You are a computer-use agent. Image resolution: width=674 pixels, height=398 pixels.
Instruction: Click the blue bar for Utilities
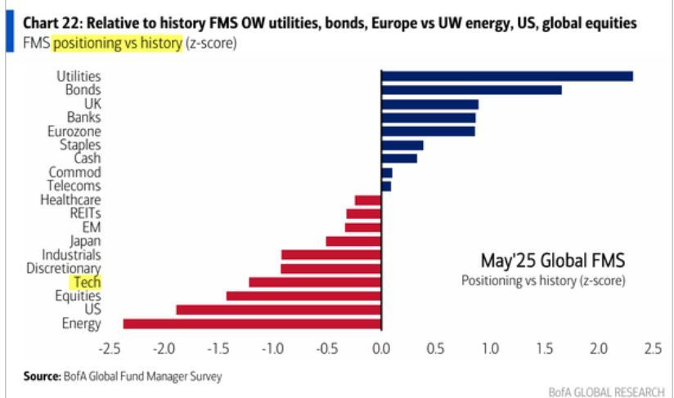point(507,76)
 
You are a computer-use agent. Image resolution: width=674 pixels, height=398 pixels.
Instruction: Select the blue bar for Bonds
point(471,90)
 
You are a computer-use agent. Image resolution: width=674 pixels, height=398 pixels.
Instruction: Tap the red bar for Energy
point(252,324)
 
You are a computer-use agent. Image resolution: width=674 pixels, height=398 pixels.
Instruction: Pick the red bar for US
point(278,310)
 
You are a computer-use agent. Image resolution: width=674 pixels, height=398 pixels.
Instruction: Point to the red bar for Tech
point(315,282)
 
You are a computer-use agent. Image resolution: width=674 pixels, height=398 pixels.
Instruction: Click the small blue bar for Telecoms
point(386,186)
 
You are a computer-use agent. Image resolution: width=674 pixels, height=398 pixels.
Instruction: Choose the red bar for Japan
point(353,241)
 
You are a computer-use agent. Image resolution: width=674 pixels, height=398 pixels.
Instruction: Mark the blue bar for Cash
point(399,158)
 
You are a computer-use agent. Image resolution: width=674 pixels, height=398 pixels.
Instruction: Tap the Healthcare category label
point(71,199)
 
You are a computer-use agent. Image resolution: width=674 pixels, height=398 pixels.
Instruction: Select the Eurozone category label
point(74,131)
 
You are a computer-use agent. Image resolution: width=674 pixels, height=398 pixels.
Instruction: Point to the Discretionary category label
point(64,268)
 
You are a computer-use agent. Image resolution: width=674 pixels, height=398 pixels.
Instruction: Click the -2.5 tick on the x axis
point(110,349)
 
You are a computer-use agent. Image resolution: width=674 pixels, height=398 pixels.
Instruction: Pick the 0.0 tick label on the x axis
point(381,349)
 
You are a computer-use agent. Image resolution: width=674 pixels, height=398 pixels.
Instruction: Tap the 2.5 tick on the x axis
point(652,349)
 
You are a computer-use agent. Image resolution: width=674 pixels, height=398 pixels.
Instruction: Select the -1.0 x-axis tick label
point(272,349)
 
